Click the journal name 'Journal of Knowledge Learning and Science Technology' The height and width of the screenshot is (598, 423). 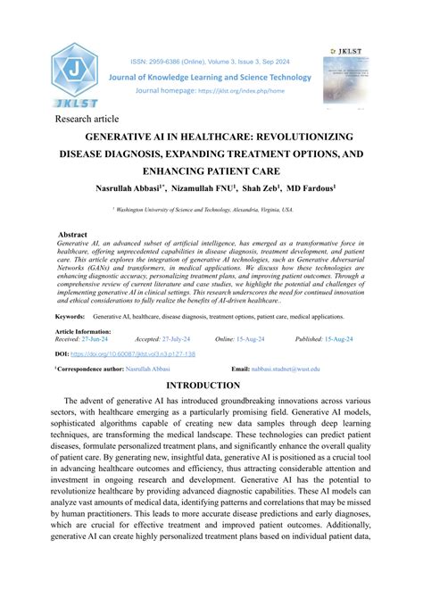(x=211, y=78)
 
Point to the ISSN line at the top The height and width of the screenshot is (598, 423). (x=211, y=62)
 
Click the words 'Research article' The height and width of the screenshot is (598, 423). (x=87, y=119)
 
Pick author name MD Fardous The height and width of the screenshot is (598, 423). (x=309, y=188)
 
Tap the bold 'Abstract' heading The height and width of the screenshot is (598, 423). (x=72, y=235)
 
